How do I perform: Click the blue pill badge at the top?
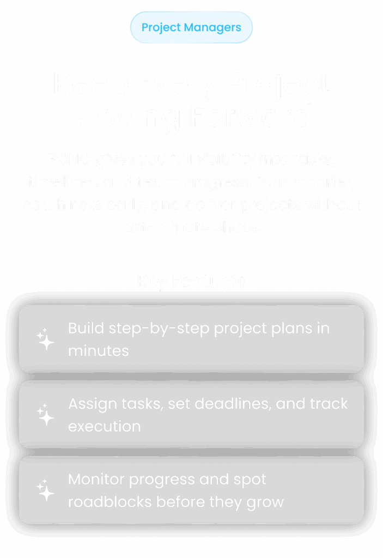[x=191, y=27]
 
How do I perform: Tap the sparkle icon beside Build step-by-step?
[x=46, y=339]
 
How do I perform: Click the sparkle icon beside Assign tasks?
[x=46, y=415]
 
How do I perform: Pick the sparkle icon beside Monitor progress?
[x=46, y=490]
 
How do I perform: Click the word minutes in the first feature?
[x=99, y=350]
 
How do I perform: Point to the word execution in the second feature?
[x=104, y=426]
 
